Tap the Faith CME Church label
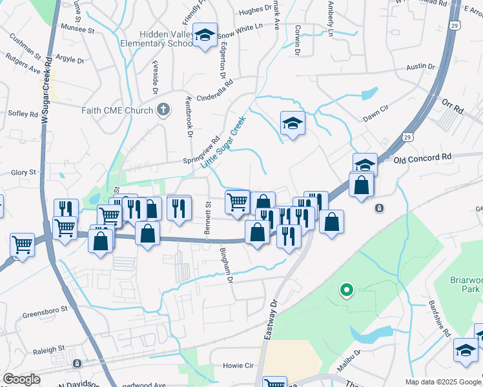tap(117, 110)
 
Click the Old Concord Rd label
tap(424, 157)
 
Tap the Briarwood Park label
tap(466, 285)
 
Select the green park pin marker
tap(346, 290)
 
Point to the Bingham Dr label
tap(226, 264)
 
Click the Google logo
tap(21, 379)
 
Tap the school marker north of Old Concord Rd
tap(293, 123)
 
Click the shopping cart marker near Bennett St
tap(237, 201)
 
